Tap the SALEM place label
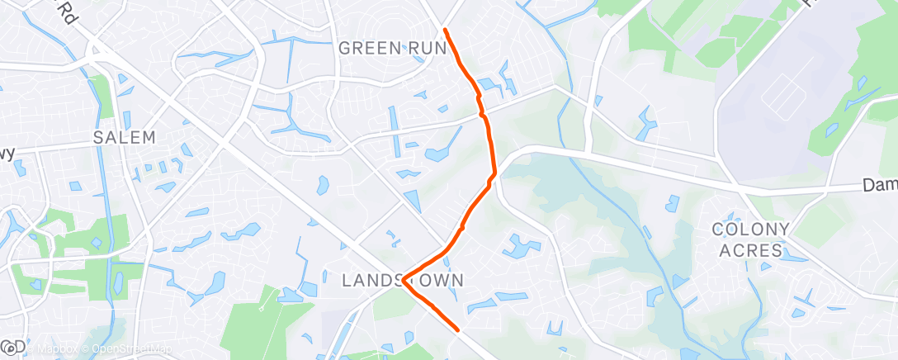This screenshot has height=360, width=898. point(125,137)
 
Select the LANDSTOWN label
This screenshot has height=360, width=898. point(403,281)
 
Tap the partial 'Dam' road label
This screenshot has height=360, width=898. point(880,187)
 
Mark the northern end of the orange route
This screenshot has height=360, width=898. point(445,30)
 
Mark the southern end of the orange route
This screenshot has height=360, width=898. point(458,330)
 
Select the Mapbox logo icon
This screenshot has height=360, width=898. point(12,345)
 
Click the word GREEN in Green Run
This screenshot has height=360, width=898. point(370,48)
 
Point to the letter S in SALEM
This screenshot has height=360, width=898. point(98,137)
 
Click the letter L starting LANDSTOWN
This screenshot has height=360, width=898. point(347,281)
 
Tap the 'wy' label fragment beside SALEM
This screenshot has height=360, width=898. point(7,154)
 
